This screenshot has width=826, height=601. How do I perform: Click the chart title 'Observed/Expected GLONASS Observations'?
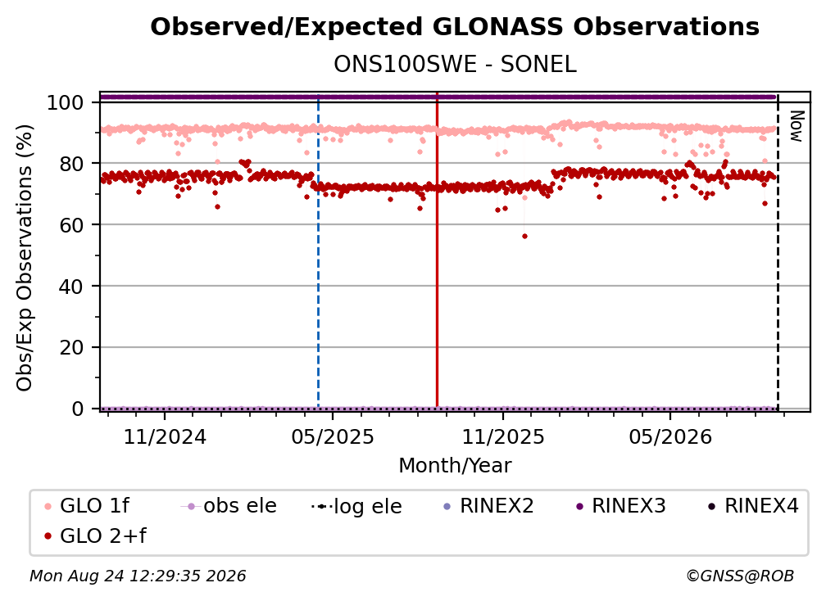[x=455, y=27]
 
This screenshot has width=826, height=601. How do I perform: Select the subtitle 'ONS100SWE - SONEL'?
[x=455, y=65]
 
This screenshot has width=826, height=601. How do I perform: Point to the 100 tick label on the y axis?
[x=66, y=102]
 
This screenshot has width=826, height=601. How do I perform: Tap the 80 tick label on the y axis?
[x=71, y=164]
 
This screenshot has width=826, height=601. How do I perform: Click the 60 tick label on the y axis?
[x=71, y=224]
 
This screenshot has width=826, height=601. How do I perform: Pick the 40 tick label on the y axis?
[x=71, y=287]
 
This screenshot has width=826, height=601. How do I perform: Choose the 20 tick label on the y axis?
[x=71, y=347]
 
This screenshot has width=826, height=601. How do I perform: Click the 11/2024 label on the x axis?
[x=165, y=436]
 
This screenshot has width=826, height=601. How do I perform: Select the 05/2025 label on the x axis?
[x=333, y=436]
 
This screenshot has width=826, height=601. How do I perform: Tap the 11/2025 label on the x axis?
[x=503, y=436]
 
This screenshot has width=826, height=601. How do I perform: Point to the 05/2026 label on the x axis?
[x=670, y=436]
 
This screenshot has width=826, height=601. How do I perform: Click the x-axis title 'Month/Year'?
[x=455, y=466]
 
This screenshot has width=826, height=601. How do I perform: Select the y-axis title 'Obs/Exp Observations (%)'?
[x=25, y=258]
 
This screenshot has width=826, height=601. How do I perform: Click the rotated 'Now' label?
[x=796, y=126]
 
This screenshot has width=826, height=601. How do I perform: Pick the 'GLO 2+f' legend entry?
[x=95, y=535]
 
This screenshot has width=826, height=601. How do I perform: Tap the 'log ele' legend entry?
[x=356, y=506]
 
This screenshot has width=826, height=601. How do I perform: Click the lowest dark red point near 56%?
[x=524, y=237]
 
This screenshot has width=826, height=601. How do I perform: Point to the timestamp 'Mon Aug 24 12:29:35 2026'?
[x=138, y=576]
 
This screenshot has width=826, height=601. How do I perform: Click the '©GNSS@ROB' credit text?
[x=740, y=576]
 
